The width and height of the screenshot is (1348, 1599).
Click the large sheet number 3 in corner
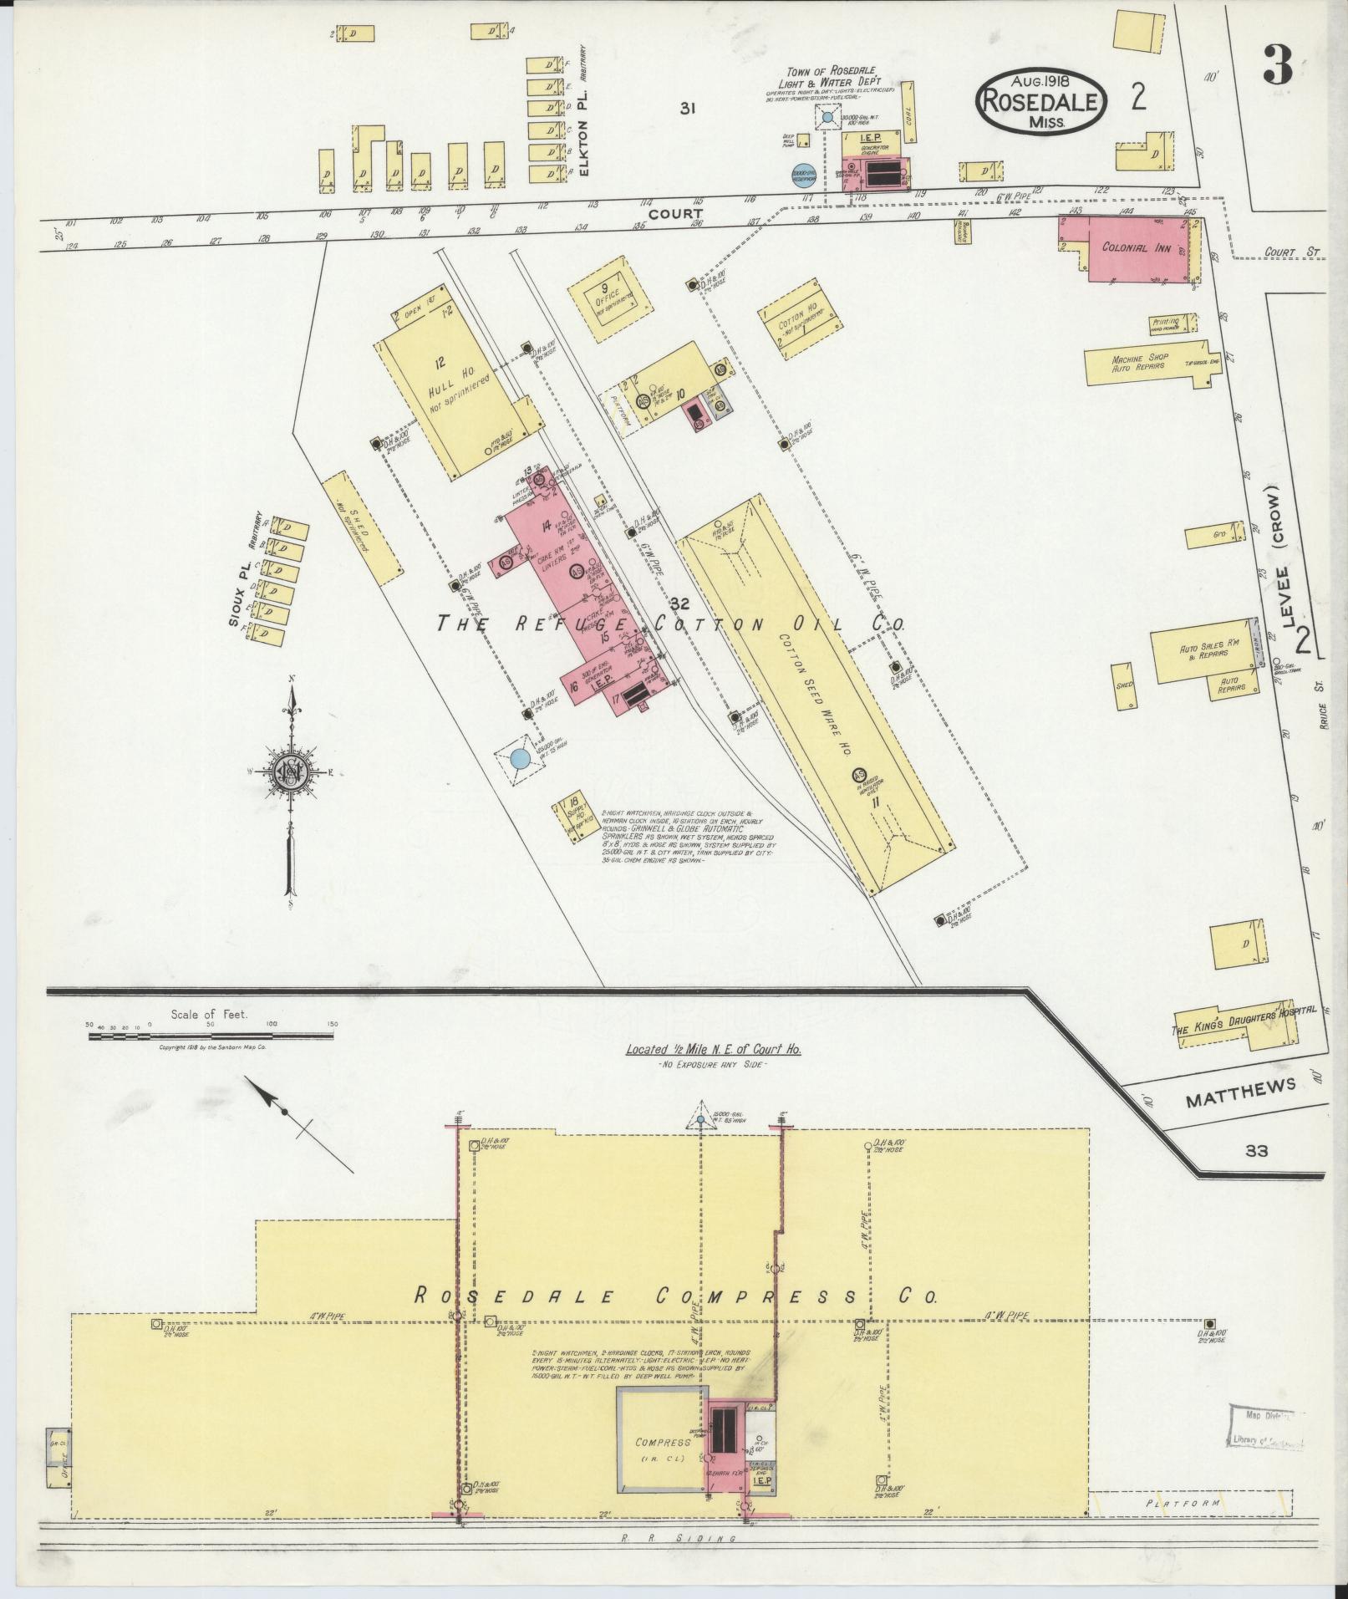pyautogui.click(x=1277, y=64)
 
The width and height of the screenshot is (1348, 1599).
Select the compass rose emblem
pyautogui.click(x=289, y=769)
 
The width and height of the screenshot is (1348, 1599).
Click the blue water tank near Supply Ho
pyautogui.click(x=519, y=759)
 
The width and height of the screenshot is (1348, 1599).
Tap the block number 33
pyautogui.click(x=1256, y=1151)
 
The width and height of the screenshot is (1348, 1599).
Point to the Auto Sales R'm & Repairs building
pyautogui.click(x=1203, y=651)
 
